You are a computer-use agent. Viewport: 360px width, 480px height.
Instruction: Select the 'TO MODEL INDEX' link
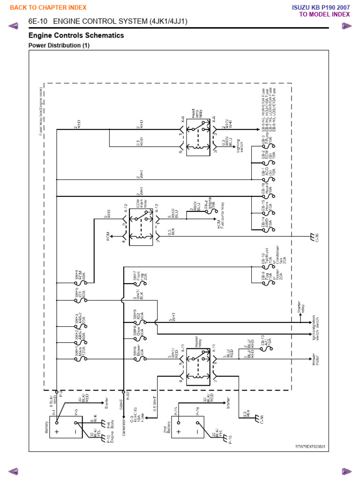pos(325,14)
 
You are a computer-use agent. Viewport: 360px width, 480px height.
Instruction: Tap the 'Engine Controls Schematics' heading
pos(76,36)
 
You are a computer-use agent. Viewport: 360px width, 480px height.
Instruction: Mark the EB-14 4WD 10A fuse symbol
pos(263,228)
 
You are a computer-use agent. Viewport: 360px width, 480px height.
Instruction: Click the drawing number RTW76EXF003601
pos(309,447)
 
